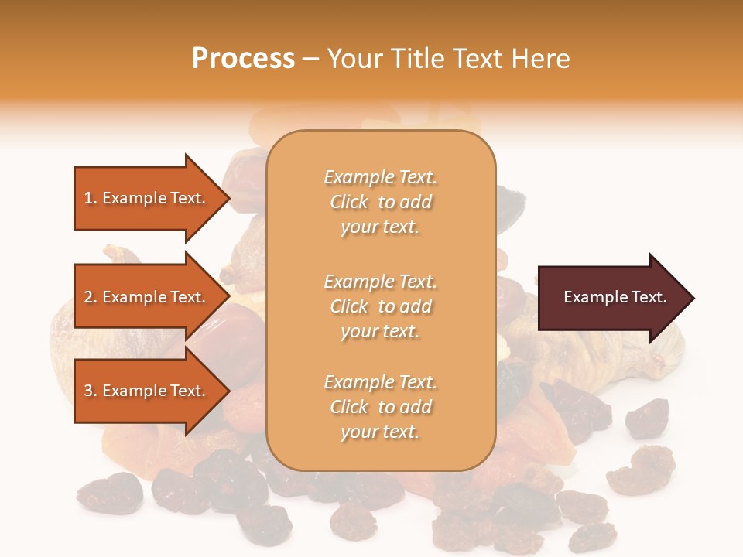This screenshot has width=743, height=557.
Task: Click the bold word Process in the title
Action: click(243, 59)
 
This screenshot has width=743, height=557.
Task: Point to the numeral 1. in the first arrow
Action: click(91, 198)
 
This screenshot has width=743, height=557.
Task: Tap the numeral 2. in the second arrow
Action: click(91, 297)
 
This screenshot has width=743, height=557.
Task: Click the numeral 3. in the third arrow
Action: click(91, 391)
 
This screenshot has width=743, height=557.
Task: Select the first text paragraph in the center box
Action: click(380, 202)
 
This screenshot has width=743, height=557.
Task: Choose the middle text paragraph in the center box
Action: click(380, 306)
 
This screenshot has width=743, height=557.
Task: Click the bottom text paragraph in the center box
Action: click(380, 407)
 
